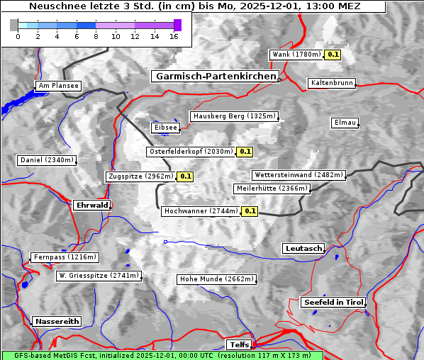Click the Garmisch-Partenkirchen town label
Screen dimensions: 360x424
pyautogui.click(x=214, y=76)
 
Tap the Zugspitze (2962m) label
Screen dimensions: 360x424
pyautogui.click(x=140, y=176)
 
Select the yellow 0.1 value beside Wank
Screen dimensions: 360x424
pyautogui.click(x=333, y=55)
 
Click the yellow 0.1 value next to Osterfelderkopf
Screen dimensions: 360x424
pyautogui.click(x=245, y=152)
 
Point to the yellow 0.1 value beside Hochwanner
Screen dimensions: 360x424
pyautogui.click(x=250, y=211)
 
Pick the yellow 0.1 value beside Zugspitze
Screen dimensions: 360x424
pyautogui.click(x=185, y=176)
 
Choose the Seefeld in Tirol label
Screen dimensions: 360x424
pyautogui.click(x=333, y=302)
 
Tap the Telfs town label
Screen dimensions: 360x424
pyautogui.click(x=238, y=345)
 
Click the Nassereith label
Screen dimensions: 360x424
pyautogui.click(x=57, y=321)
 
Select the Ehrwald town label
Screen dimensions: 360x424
pyautogui.click(x=91, y=205)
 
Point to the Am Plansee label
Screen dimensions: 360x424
pyautogui.click(x=58, y=86)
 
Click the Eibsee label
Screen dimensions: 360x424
pyautogui.click(x=165, y=128)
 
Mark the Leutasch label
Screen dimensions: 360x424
pyautogui.click(x=303, y=248)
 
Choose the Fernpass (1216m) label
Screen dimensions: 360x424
pyautogui.click(x=65, y=257)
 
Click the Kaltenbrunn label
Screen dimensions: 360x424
pyautogui.click(x=331, y=83)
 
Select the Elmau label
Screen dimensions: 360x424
pyautogui.click(x=345, y=123)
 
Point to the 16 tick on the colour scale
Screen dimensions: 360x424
pyautogui.click(x=174, y=35)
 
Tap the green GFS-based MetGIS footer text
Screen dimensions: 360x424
pyautogui.click(x=162, y=355)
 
